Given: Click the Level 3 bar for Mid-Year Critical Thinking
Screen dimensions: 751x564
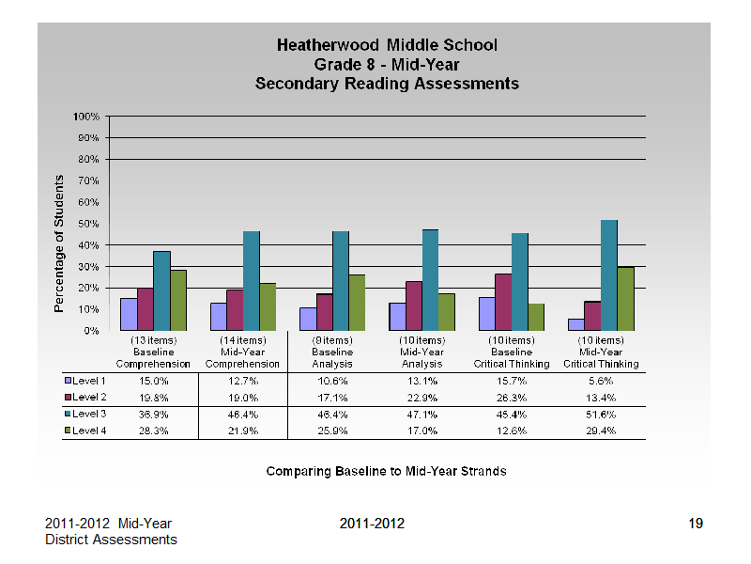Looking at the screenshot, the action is [x=608, y=275].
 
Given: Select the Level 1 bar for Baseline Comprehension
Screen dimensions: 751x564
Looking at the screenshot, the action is [x=129, y=315].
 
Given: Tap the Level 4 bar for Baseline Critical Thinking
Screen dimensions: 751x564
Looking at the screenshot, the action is [x=536, y=317].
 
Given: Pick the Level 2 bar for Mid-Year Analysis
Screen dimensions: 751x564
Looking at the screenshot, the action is [x=414, y=306].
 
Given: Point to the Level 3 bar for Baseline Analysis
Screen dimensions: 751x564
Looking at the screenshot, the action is [x=341, y=281].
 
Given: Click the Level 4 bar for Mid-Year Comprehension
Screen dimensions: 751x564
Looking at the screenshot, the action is [x=268, y=307].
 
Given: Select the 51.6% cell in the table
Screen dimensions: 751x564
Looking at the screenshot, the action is [x=601, y=415].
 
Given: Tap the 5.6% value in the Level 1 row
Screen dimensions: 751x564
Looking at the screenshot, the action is [x=601, y=382].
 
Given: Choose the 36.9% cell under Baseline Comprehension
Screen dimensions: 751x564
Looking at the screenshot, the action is [x=153, y=415].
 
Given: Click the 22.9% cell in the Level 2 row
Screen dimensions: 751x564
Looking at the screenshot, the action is [x=421, y=398].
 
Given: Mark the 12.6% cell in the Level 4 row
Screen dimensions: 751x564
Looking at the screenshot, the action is [x=512, y=431].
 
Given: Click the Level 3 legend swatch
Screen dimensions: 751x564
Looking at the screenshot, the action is [x=68, y=414].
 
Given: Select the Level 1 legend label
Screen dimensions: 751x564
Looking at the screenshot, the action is [x=89, y=381].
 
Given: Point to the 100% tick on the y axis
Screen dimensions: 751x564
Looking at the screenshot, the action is [x=107, y=116].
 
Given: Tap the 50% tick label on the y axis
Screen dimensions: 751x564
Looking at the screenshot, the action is [x=88, y=224].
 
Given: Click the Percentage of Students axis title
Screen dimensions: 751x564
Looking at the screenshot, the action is [x=59, y=243].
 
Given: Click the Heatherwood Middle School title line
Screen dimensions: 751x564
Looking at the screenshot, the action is [x=387, y=45].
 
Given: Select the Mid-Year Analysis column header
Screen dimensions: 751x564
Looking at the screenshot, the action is [x=421, y=352].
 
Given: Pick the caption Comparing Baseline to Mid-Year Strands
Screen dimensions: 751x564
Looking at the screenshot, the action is [x=386, y=472].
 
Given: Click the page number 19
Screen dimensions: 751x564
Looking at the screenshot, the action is [x=696, y=524].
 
